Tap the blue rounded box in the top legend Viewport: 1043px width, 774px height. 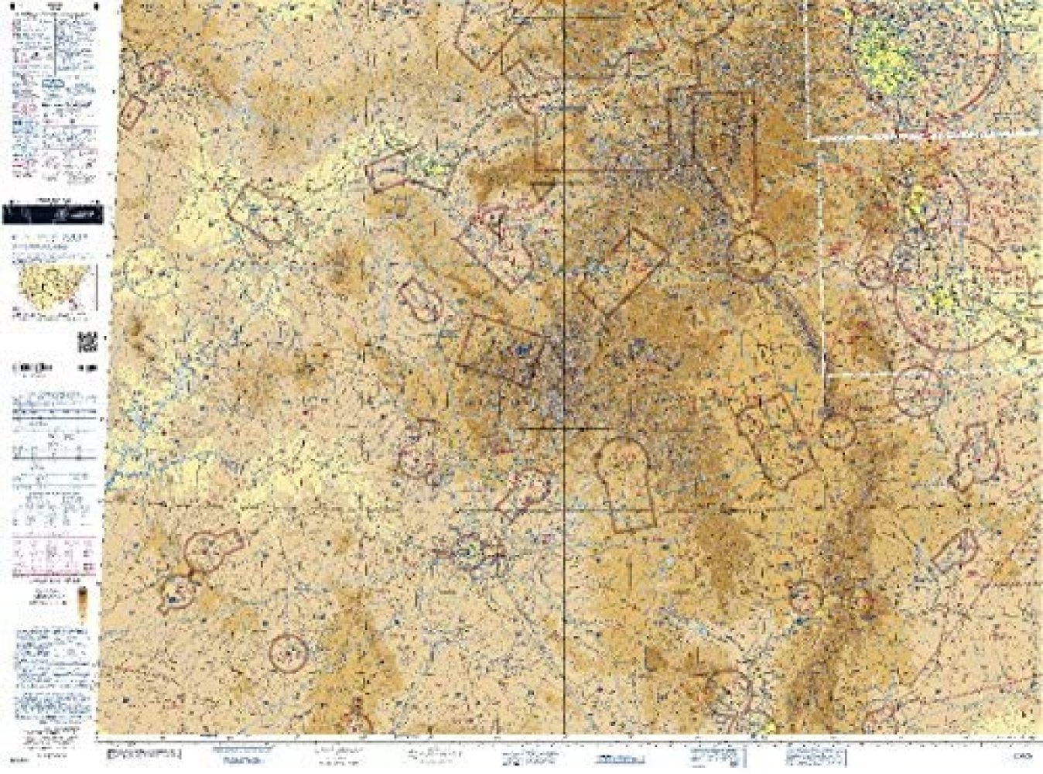(x=57, y=80)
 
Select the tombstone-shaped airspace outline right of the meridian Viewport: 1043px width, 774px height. (x=627, y=484)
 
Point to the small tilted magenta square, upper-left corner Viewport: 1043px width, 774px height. (x=133, y=111)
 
